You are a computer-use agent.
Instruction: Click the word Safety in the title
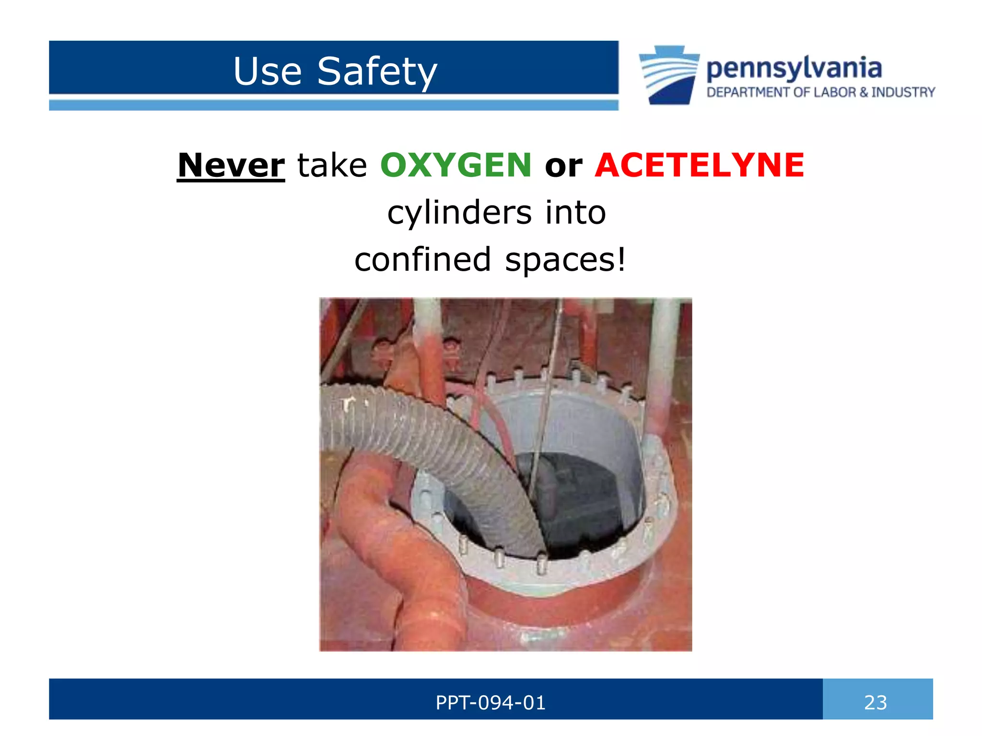coord(377,72)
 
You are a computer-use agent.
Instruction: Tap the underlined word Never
coord(231,165)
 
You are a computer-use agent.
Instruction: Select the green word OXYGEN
coord(456,165)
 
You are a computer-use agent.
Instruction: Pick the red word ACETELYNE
coord(699,165)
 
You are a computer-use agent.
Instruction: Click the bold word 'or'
coord(563,166)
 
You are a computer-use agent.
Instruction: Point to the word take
coord(332,165)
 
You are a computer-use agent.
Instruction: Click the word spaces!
coord(565,260)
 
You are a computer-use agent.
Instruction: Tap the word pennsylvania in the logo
coord(794,68)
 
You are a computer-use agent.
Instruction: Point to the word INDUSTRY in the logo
coord(903,92)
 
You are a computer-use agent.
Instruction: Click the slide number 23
coord(875,702)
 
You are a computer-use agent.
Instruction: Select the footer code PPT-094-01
coord(490,702)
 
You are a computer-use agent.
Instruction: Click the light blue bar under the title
coord(333,105)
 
